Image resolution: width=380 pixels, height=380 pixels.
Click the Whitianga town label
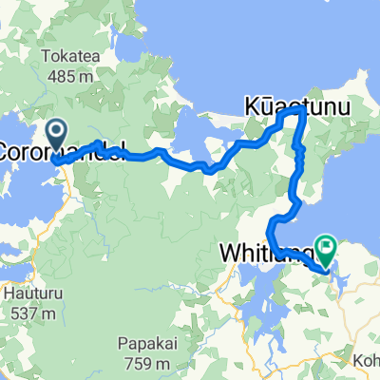265,254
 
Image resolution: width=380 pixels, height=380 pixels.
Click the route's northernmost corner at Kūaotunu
302,110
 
